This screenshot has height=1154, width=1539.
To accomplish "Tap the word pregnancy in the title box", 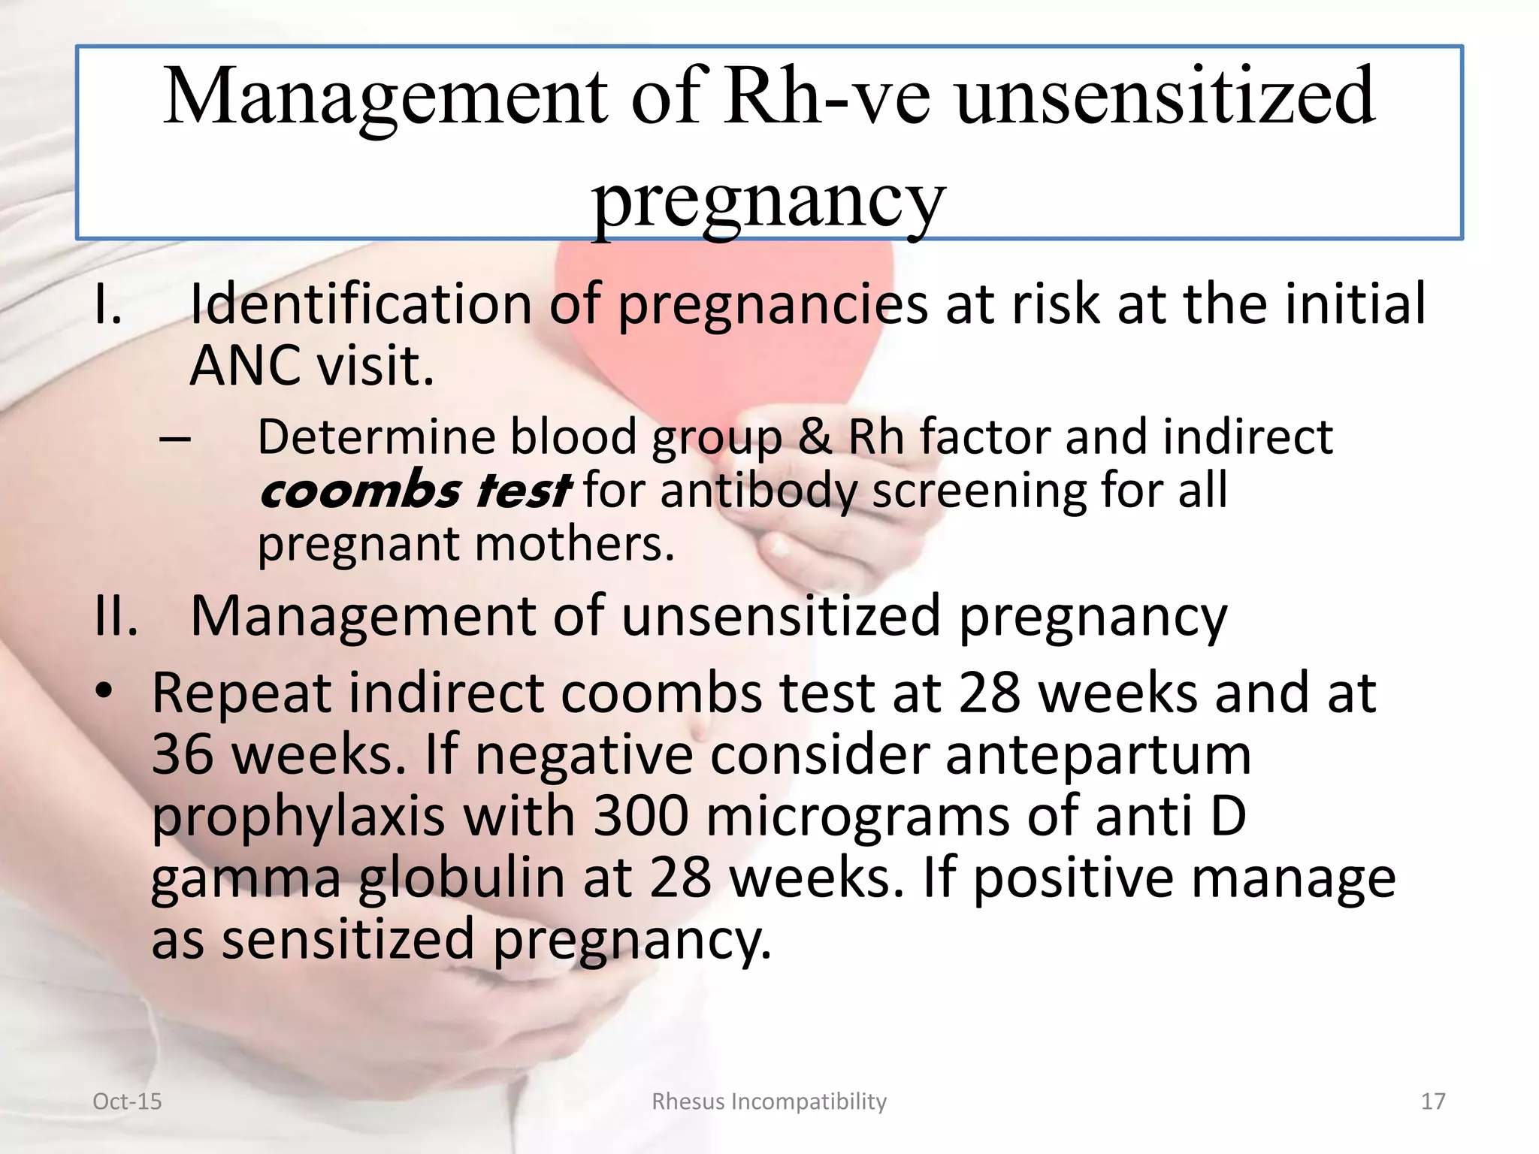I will tap(768, 201).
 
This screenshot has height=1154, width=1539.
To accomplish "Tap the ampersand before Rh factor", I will tap(815, 437).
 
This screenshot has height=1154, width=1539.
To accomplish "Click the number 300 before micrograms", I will tap(640, 816).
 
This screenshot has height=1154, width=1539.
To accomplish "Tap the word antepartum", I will tap(1098, 756).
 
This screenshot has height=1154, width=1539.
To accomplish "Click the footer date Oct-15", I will tap(127, 1101).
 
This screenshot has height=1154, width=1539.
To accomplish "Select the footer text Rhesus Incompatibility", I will tap(769, 1101).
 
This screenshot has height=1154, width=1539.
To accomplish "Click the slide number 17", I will tap(1433, 1101).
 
